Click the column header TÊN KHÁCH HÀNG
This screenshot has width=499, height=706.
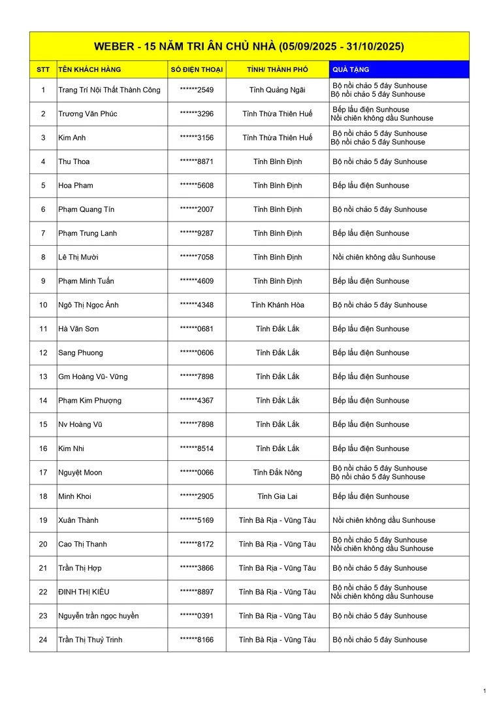point(89,69)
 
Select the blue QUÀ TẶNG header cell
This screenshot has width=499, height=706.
point(398,69)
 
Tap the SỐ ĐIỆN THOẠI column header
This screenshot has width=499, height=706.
point(197,69)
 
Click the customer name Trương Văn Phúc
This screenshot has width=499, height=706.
point(88,114)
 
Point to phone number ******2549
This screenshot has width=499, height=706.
point(197,90)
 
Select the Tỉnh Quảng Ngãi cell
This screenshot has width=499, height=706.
point(278,90)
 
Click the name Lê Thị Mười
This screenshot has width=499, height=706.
point(78,257)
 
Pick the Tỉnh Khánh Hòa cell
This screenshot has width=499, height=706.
point(278,305)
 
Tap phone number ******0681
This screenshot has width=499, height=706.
point(197,329)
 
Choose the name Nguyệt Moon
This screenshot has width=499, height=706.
point(80,473)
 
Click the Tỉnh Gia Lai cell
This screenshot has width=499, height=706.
point(278,496)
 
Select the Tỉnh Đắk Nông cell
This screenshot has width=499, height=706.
point(278,473)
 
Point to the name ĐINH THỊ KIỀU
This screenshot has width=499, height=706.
point(84,592)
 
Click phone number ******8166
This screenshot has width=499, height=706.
point(197,640)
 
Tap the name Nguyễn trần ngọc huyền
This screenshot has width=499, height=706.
point(99,616)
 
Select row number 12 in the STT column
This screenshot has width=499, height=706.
point(43,353)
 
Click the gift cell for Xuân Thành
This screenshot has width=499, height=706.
point(383,520)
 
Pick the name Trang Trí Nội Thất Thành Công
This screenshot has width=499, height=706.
point(109,90)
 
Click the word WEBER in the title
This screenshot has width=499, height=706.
point(112,46)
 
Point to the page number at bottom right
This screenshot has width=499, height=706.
point(485,691)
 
